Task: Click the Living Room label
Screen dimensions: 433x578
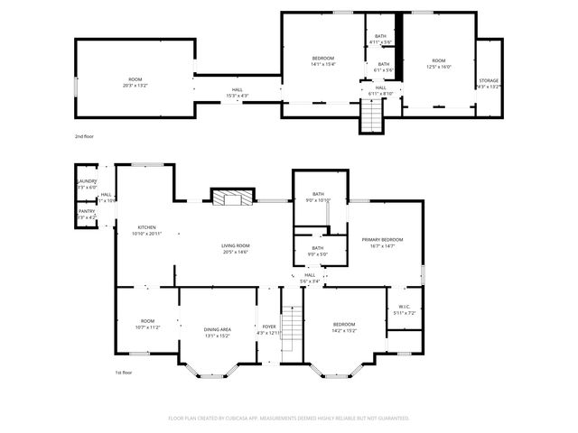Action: (x=236, y=246)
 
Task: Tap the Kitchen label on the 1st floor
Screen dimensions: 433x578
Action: (x=147, y=227)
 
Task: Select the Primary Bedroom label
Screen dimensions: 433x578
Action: (x=382, y=240)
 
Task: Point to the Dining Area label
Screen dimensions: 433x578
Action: (x=217, y=329)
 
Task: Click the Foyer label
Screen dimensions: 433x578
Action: (x=269, y=327)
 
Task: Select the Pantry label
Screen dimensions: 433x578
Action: (x=87, y=212)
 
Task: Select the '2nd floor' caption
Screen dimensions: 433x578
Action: (x=84, y=135)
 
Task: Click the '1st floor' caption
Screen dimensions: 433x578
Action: (x=123, y=372)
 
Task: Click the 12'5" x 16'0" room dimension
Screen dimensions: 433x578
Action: (x=438, y=66)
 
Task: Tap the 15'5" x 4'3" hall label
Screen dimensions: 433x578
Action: (x=237, y=94)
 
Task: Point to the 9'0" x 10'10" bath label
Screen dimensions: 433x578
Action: (x=318, y=200)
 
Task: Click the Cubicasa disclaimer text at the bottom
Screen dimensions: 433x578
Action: (x=289, y=418)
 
